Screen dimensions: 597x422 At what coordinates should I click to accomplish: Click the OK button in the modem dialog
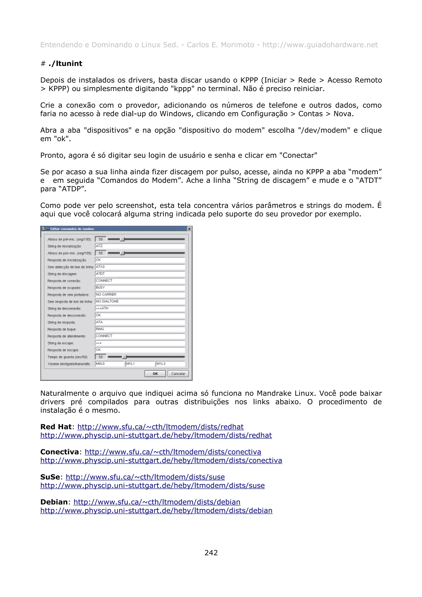pos(155,373)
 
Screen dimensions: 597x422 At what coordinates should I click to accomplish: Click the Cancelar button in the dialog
pos(178,373)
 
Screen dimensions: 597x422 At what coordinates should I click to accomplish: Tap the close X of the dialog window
pos(189,229)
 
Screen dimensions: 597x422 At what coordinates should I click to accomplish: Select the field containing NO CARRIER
pos(140,294)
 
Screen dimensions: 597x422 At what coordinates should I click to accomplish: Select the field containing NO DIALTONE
pos(140,301)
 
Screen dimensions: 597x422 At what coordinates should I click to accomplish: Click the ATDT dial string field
pos(140,274)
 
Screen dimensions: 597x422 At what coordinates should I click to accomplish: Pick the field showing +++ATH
pos(140,308)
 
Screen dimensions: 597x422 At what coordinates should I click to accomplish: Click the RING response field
pos(140,329)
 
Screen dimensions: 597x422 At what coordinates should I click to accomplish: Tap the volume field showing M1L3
pos(170,364)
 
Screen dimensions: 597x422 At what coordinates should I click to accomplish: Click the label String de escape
pos(61,343)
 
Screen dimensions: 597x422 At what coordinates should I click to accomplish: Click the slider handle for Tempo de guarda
pos(124,357)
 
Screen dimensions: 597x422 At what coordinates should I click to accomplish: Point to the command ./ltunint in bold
pos(65,63)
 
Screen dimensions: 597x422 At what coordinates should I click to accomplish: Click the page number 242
pos(211,553)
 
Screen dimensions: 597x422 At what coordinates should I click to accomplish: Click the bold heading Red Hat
pos(56,427)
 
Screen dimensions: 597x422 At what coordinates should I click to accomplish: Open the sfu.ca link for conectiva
pos(173,452)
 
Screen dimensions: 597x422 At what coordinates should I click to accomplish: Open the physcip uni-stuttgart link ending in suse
pos(152,486)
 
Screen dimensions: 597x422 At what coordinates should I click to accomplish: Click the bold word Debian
pos(54,502)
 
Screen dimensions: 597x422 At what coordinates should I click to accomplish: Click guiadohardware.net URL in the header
pos(320,45)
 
